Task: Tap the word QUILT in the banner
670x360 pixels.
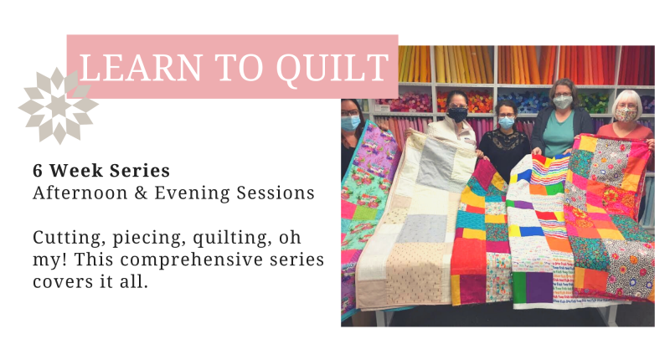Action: coord(332,69)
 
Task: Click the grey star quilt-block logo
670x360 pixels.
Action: coord(59,105)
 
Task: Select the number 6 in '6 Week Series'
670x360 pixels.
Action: coord(38,171)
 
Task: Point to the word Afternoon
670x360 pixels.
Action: coord(80,193)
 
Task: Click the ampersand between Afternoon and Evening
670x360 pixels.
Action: coord(141,193)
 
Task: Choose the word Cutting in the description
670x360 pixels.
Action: coord(69,239)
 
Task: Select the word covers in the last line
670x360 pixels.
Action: coord(60,282)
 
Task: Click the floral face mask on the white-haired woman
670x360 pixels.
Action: coord(626,115)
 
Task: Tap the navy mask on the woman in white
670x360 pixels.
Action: coord(457,115)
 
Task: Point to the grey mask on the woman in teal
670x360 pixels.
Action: coord(563,102)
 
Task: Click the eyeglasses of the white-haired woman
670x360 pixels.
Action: coord(626,105)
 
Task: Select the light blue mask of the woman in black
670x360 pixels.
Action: coord(506,122)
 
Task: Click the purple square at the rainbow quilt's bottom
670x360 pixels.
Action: coord(539,287)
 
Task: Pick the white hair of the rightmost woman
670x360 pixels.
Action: coord(626,100)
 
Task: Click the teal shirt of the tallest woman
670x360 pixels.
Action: coord(559,133)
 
